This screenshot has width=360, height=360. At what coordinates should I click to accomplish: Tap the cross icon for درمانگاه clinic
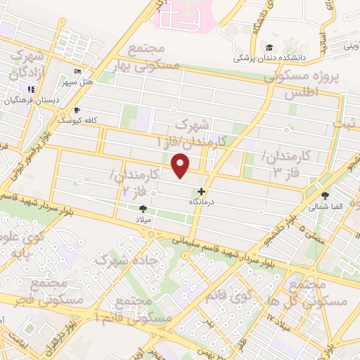click(x=202, y=191)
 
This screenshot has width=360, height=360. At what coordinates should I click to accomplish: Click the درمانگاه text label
click(x=202, y=202)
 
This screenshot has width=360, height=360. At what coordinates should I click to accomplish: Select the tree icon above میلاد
click(x=143, y=209)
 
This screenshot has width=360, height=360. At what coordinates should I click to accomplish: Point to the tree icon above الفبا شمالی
click(x=325, y=196)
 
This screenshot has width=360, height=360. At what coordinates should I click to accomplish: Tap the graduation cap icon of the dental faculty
click(x=269, y=47)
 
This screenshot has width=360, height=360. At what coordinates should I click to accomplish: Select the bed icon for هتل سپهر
click(x=77, y=72)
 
